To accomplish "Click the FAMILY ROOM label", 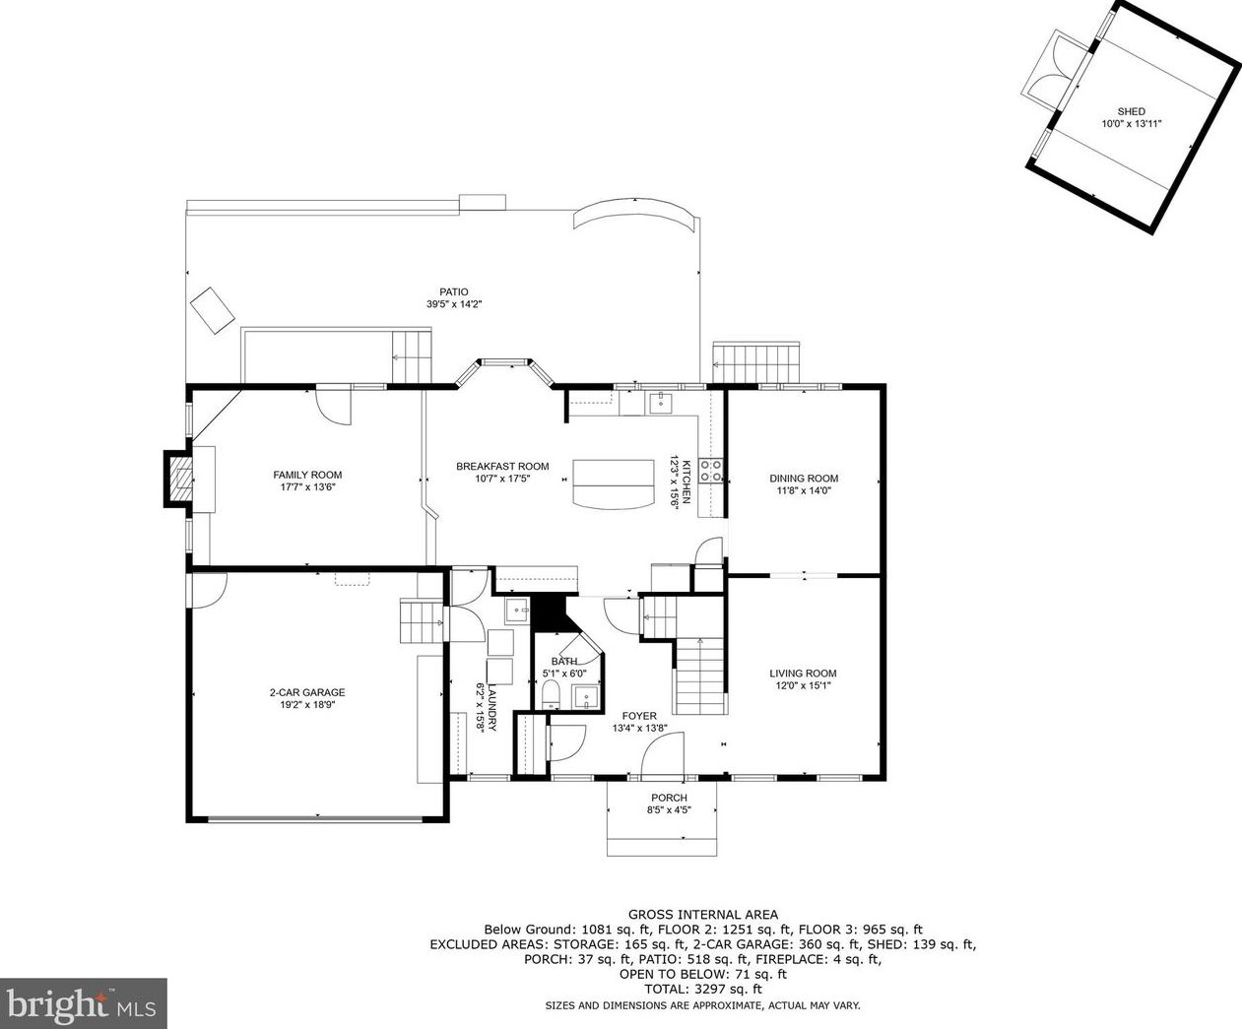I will (307, 475).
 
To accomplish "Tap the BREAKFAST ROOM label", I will (502, 467).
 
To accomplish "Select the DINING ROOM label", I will (804, 479).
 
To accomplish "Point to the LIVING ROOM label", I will (803, 674).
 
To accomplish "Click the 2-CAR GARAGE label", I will (307, 692).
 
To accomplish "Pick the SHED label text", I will (1132, 111).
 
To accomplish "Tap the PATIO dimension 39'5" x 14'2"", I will (454, 304).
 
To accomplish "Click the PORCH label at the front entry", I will (669, 798).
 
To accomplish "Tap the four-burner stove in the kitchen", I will (711, 471).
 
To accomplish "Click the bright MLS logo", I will (83, 1003).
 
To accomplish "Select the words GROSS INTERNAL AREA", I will (703, 915).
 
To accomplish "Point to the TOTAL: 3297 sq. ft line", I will (703, 989).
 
